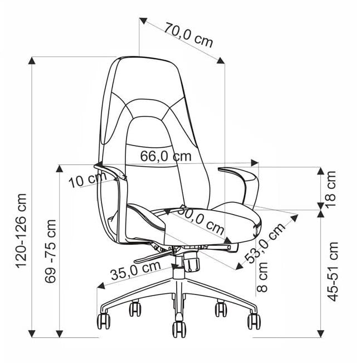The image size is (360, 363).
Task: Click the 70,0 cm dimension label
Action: (x=188, y=35)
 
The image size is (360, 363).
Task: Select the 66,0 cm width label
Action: (x=166, y=156)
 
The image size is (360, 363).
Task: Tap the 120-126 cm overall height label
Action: (x=21, y=231)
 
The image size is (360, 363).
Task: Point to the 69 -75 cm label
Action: (x=50, y=251)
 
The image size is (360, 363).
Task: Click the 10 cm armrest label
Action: (x=87, y=180)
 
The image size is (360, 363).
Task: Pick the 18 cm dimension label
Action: (x=330, y=190)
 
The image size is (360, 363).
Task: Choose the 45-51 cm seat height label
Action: (x=333, y=272)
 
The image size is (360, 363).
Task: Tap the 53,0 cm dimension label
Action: (x=265, y=243)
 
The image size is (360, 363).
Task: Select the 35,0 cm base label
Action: (x=135, y=270)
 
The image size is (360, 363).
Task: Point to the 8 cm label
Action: (x=262, y=277)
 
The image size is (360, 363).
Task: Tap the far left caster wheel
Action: (x=104, y=321)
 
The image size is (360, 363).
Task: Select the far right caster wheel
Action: (x=254, y=321)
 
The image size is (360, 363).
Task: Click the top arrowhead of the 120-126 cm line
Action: (x=32, y=61)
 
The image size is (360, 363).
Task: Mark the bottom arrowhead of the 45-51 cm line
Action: (x=320, y=333)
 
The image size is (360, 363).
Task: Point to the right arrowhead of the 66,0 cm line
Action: (x=255, y=162)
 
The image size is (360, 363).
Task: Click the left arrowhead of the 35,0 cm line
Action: (x=101, y=285)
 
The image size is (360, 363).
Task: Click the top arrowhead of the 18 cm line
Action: (x=320, y=171)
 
